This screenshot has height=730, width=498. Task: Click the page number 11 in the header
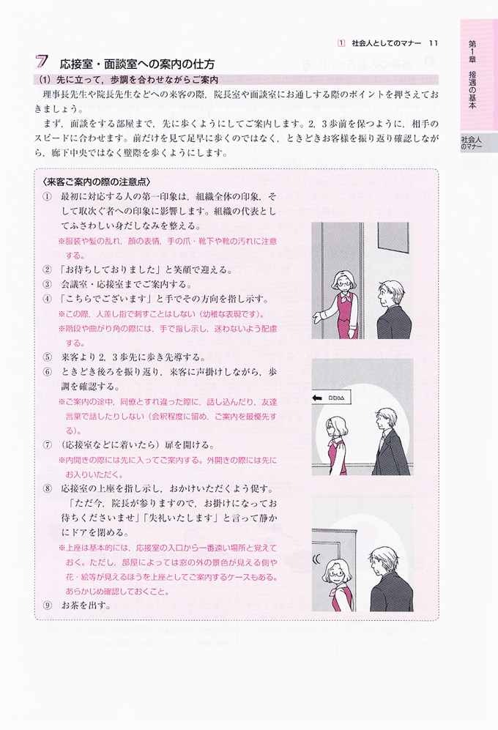[x=434, y=43]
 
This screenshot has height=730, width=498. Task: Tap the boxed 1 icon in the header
[x=341, y=43]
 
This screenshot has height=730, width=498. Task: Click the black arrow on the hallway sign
[x=318, y=398]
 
